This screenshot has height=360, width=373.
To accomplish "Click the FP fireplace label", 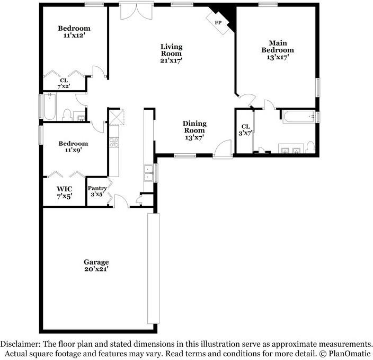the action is click(218, 23).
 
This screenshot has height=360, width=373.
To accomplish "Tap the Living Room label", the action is click(171, 50).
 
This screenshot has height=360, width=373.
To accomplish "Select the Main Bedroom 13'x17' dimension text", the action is click(278, 57).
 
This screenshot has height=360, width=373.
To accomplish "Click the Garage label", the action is click(96, 262).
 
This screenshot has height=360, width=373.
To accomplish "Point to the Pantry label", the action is click(97, 188).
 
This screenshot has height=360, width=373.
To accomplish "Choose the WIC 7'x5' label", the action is click(65, 192).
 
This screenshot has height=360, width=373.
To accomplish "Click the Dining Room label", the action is click(194, 127).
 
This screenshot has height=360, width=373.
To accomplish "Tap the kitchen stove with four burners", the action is click(114, 143).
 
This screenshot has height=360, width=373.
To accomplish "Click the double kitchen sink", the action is click(148, 173).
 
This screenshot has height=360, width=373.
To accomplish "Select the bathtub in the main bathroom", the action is click(299, 117).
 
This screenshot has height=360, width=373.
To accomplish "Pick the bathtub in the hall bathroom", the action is click(50, 107).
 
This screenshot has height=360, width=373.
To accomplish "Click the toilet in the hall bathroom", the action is click(67, 115).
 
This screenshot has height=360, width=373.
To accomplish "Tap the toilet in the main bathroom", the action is click(310, 147).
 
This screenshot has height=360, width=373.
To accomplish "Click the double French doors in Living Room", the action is click(136, 12).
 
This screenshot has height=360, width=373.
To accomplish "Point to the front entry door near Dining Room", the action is click(223, 149).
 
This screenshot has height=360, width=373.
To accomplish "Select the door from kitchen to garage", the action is click(121, 201).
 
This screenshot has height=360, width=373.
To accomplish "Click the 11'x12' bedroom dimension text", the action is click(74, 36).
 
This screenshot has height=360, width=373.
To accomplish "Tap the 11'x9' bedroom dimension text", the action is click(74, 150).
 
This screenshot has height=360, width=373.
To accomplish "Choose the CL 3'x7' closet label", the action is click(245, 130).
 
